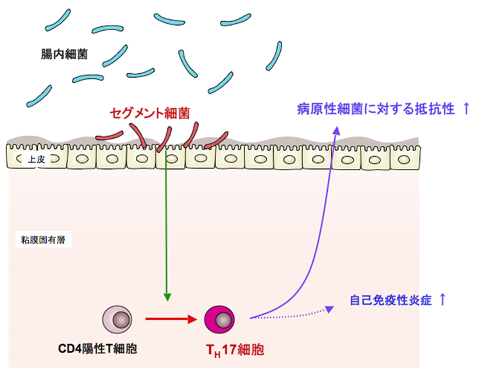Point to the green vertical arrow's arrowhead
click(x=167, y=297)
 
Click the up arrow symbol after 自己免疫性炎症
click(x=443, y=300)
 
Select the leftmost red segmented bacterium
click(x=111, y=134)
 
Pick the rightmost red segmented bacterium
click(x=216, y=138)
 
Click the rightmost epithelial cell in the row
click(x=403, y=158)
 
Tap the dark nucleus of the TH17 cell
click(x=223, y=319)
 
